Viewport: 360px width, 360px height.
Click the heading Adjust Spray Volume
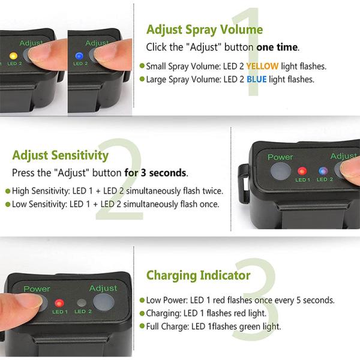tap(204, 29)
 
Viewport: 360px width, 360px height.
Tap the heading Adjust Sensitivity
tap(60, 155)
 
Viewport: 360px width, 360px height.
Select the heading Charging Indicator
tap(198, 275)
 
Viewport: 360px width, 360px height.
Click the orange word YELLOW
tap(262, 66)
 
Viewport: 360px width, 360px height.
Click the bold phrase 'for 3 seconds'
tap(155, 173)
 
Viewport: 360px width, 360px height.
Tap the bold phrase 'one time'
tap(277, 47)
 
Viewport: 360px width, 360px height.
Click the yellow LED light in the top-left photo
tap(13, 56)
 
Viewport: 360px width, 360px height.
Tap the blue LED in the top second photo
tap(79, 56)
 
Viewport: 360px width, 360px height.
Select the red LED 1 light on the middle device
tap(302, 170)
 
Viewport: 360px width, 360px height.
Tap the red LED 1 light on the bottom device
tap(59, 303)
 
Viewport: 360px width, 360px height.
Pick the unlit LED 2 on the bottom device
tap(82, 303)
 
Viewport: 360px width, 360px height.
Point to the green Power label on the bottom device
tap(37, 289)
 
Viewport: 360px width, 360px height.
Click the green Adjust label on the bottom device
tap(103, 288)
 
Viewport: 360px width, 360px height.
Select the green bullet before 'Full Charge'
tap(142, 327)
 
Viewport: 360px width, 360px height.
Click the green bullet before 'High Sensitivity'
tap(7, 191)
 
